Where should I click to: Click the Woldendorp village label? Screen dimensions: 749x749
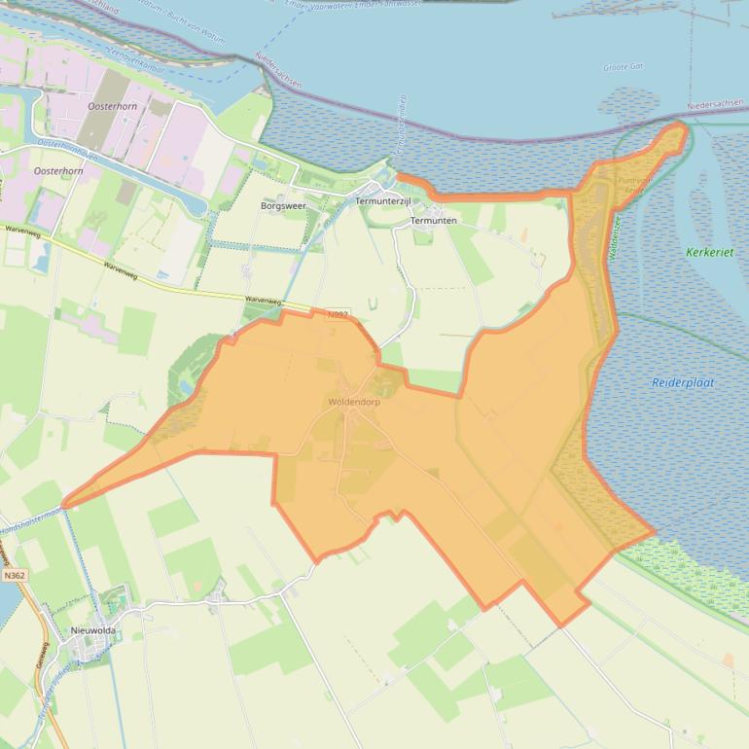pos(354,401)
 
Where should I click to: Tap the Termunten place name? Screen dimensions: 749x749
pos(434,221)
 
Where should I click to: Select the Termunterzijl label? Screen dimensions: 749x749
pos(384,200)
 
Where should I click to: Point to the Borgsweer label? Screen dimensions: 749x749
pos(284,206)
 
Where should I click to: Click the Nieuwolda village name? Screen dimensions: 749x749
pos(93,630)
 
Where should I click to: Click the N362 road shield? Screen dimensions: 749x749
pos(15,576)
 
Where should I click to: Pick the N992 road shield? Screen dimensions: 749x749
pos(338,314)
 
